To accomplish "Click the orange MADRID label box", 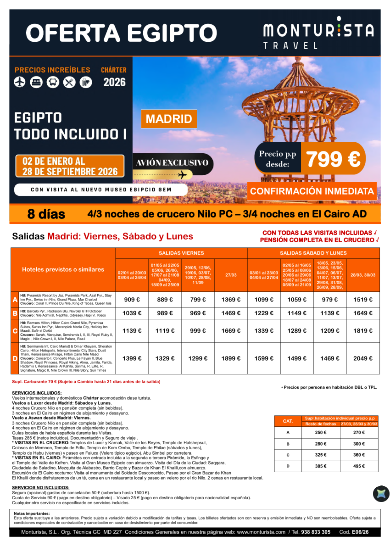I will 169,119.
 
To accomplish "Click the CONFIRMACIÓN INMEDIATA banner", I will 312,191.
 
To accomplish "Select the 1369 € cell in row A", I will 231,300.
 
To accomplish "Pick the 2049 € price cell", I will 363,359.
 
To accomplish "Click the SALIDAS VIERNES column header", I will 181,253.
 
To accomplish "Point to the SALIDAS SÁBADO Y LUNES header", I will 313,253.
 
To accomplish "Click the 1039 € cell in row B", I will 132,313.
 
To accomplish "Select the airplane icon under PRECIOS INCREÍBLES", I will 20,82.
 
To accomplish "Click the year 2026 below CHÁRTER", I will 114,83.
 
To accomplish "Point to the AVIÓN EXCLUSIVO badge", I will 172,163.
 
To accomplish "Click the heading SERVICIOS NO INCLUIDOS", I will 41,487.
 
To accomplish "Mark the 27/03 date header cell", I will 231,275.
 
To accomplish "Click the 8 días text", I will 46,214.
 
